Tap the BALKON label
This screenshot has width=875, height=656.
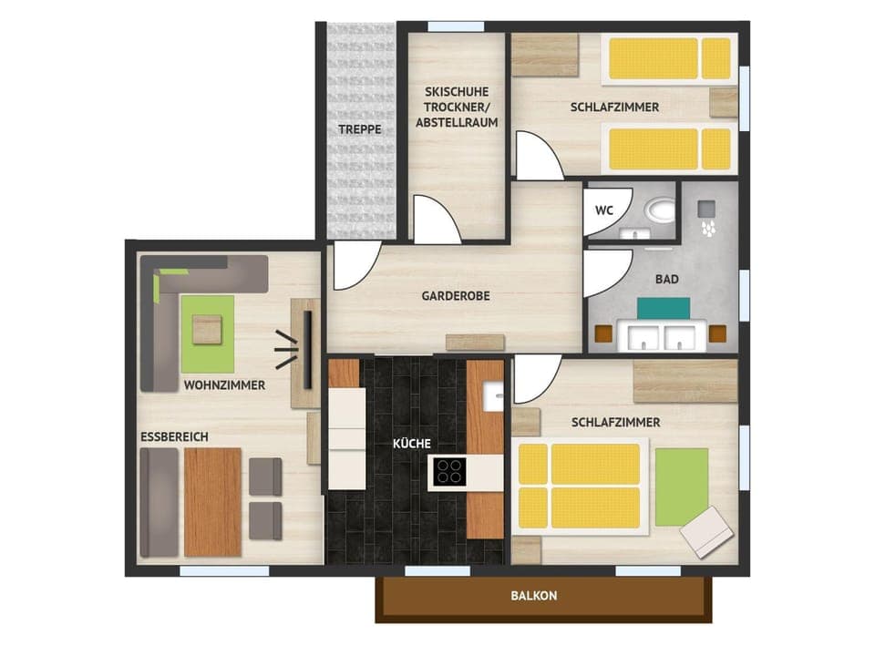(x=534, y=596)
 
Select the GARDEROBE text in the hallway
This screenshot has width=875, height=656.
(x=457, y=296)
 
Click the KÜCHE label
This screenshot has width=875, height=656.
(x=412, y=444)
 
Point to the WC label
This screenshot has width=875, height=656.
(x=604, y=210)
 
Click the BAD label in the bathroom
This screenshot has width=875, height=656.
(x=666, y=280)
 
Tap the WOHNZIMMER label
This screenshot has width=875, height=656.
(x=224, y=385)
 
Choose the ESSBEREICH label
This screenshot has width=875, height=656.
(x=174, y=437)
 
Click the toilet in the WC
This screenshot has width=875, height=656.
(x=660, y=211)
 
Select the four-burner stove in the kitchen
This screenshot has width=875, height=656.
(x=449, y=471)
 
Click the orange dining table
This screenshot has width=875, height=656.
(x=212, y=501)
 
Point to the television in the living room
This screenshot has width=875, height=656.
(x=306, y=343)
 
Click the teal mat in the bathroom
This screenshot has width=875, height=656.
(x=663, y=308)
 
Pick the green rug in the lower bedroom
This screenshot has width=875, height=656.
(x=681, y=487)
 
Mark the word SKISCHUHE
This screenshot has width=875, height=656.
(x=457, y=92)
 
